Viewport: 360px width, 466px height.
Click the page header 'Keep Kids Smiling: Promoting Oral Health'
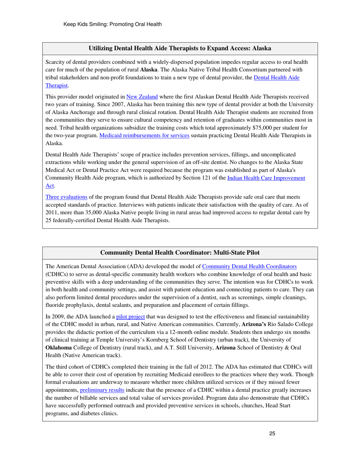tap(113, 25)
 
